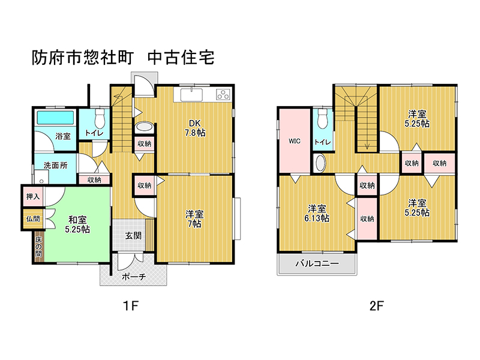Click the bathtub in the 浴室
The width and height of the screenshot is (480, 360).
[x=55, y=118]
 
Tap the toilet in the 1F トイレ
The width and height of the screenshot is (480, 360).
[x=100, y=119]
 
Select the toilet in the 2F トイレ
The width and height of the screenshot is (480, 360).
[x=323, y=119]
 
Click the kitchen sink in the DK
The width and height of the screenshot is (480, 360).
[x=191, y=95]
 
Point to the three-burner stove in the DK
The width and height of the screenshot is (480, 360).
[x=223, y=94]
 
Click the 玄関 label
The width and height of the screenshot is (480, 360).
[x=133, y=236]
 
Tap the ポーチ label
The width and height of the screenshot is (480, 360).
[x=134, y=277]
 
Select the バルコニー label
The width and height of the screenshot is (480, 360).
[x=317, y=263]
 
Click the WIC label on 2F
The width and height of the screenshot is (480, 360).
[x=295, y=141]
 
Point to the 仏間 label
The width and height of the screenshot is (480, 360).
[x=33, y=219]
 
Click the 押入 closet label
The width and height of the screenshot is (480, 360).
[x=33, y=197]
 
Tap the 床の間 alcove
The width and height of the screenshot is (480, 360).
[x=39, y=247]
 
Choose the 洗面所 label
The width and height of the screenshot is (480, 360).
[x=55, y=166]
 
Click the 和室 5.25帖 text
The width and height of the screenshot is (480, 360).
[x=77, y=224]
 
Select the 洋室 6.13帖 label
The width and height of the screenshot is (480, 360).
[x=317, y=214]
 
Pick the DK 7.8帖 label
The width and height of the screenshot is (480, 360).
[x=195, y=128]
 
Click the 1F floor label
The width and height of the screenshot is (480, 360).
[x=131, y=306]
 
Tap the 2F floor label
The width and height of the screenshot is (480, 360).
[x=377, y=306]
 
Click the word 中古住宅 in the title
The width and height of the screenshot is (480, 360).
[x=181, y=58]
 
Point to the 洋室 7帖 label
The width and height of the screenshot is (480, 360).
[x=194, y=219]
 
